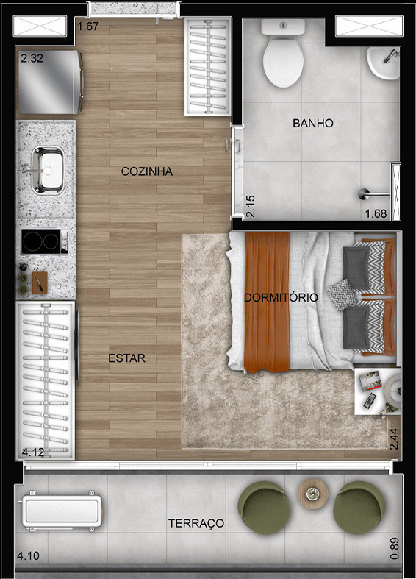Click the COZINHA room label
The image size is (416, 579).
point(147,171)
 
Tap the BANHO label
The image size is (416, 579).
point(312,123)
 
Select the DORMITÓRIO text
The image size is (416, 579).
point(281,298)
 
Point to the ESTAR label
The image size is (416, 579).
point(126,358)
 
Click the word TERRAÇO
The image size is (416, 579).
point(196,523)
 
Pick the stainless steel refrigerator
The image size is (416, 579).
point(50,82)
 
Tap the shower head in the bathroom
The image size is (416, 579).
point(365,195)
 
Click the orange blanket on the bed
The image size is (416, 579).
point(267,302)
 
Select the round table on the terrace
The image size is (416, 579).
point(312,491)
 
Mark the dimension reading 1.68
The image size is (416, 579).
point(375,215)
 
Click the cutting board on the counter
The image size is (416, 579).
point(39,280)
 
